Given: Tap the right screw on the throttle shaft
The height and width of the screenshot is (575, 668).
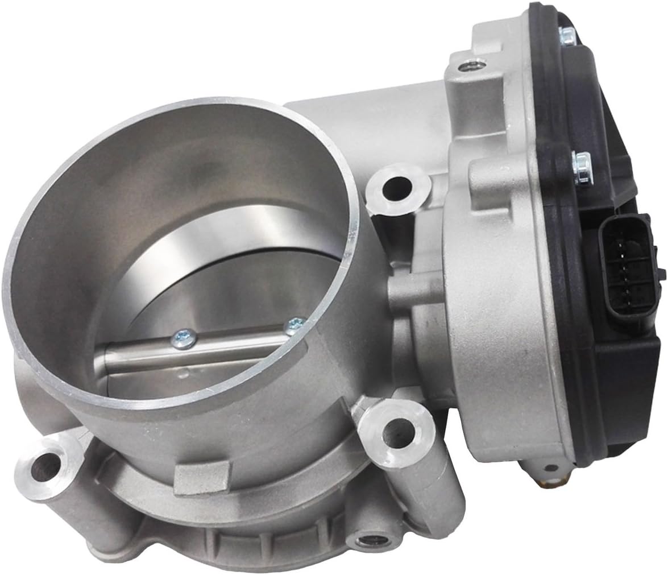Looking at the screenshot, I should (x=294, y=325).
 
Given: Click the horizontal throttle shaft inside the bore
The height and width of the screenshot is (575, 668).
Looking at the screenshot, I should (x=193, y=364).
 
